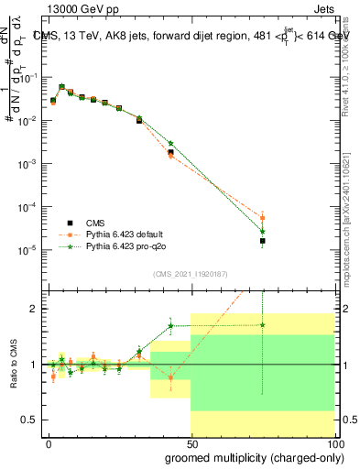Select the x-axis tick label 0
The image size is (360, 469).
coord(49,442)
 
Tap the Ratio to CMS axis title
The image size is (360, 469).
coord(13,365)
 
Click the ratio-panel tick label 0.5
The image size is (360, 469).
coord(30,420)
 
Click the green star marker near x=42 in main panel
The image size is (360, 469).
coord(170,143)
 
